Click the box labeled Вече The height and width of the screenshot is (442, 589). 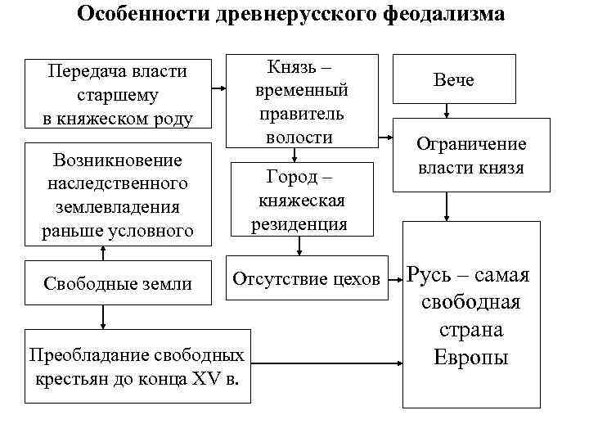(x=455, y=79)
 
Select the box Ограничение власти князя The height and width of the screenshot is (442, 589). (x=471, y=156)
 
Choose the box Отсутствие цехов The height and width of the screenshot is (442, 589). (x=307, y=279)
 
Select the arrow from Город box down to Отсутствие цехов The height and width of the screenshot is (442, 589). (x=301, y=246)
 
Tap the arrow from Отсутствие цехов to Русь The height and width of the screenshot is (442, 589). (x=393, y=279)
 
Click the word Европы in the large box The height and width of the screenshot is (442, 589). (x=471, y=358)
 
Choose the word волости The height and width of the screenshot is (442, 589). (x=301, y=136)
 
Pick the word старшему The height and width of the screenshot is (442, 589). (x=117, y=96)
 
